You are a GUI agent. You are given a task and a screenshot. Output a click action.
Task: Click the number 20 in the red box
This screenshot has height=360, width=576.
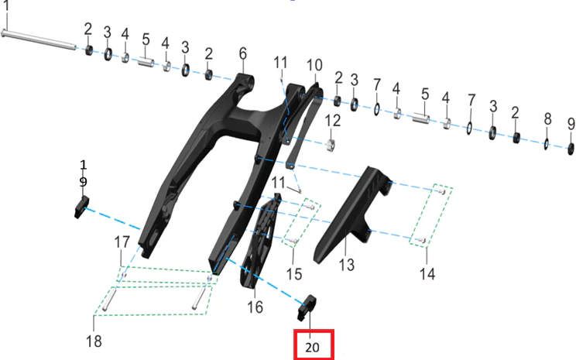tap(312, 347)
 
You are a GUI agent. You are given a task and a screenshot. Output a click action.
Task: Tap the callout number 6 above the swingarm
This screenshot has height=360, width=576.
tap(243, 53)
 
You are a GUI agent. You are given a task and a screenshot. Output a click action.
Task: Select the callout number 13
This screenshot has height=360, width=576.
tap(346, 265)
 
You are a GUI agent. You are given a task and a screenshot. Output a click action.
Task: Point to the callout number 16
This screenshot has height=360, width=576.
tap(255, 307)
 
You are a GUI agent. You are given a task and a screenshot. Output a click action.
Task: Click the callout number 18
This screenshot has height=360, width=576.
tap(94, 341)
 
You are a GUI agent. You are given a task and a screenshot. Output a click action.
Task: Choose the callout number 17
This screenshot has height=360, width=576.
tap(122, 242)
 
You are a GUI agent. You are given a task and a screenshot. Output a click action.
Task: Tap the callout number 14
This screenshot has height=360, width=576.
tap(427, 274)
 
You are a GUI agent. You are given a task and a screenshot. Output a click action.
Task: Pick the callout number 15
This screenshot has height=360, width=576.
tap(294, 274)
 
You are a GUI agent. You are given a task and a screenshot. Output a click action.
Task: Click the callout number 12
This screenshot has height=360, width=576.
tap(332, 121)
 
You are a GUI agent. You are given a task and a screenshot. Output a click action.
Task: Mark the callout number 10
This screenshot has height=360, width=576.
tap(314, 65)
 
